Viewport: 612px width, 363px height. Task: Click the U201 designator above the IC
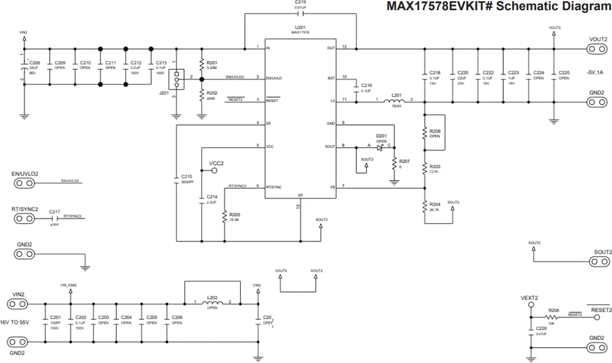300,27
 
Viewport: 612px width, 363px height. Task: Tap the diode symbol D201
381,147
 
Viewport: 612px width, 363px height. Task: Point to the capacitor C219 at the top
300,14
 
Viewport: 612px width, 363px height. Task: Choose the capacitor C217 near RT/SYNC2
55,218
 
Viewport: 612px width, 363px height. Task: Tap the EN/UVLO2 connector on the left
24,183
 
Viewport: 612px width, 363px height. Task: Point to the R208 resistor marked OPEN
425,134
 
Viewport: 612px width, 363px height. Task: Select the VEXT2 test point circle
531,305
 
